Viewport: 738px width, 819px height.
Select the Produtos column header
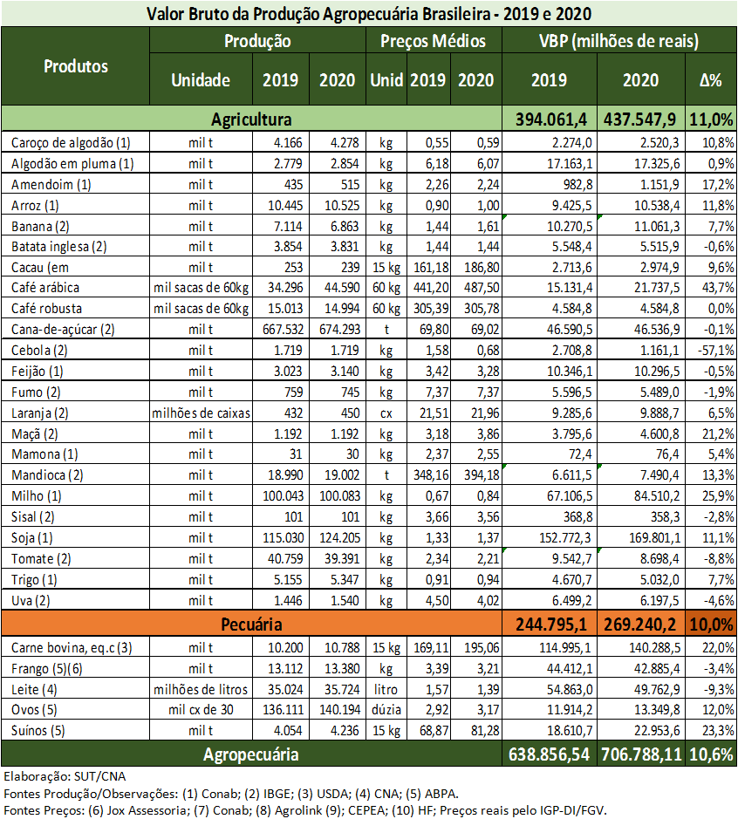(x=76, y=66)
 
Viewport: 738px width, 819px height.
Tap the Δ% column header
(x=711, y=80)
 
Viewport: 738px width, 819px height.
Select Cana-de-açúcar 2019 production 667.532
(x=282, y=331)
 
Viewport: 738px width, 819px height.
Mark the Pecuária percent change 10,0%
(x=711, y=624)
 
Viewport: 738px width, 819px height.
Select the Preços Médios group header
(x=434, y=41)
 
